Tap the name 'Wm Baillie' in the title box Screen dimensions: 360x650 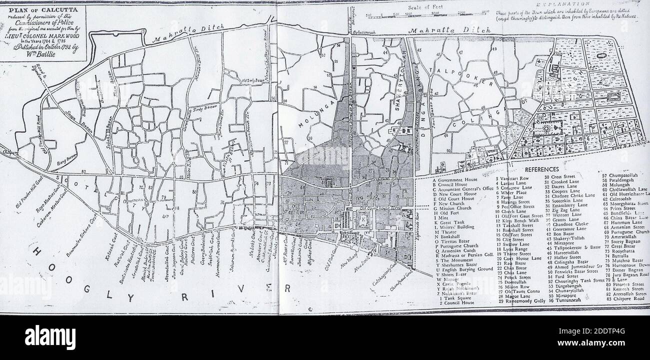click(45, 56)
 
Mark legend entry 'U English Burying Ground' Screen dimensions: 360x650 click(462, 269)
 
